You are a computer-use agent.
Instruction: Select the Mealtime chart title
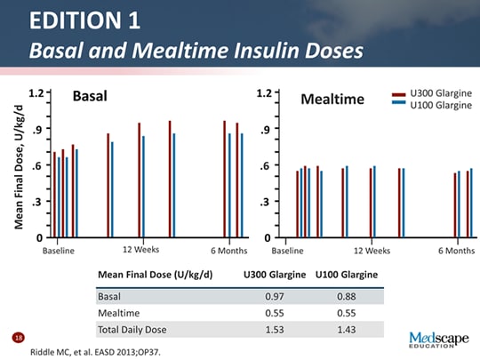pyautogui.click(x=333, y=98)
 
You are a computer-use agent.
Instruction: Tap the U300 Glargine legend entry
pyautogui.click(x=441, y=93)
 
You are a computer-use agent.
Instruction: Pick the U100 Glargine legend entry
pyautogui.click(x=441, y=105)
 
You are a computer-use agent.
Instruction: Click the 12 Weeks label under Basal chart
pyautogui.click(x=140, y=250)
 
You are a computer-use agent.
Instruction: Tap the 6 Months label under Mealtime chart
pyautogui.click(x=456, y=251)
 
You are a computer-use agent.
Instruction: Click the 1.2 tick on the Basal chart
pyautogui.click(x=36, y=92)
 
